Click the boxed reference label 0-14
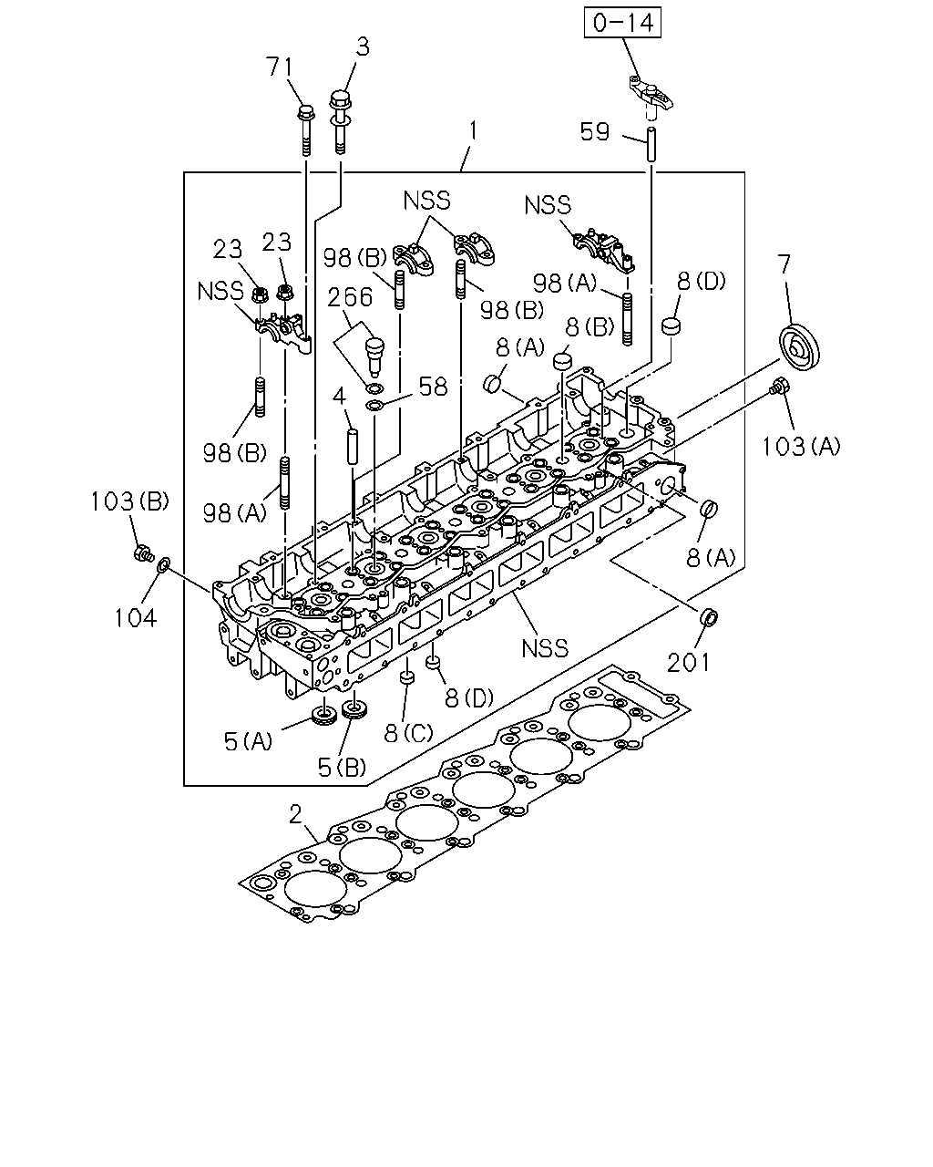[622, 23]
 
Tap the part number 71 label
[280, 67]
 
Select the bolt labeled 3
[340, 121]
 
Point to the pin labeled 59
[651, 143]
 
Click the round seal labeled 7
[798, 347]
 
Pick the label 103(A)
[801, 447]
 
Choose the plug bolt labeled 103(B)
[144, 553]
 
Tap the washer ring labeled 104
[164, 564]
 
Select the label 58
[433, 387]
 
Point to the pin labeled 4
[353, 447]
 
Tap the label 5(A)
[248, 741]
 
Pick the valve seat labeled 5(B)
[354, 710]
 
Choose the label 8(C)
[409, 733]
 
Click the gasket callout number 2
[295, 814]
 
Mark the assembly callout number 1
[473, 131]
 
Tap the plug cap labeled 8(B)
[562, 359]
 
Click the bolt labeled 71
[306, 129]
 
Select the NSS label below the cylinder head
[545, 648]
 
